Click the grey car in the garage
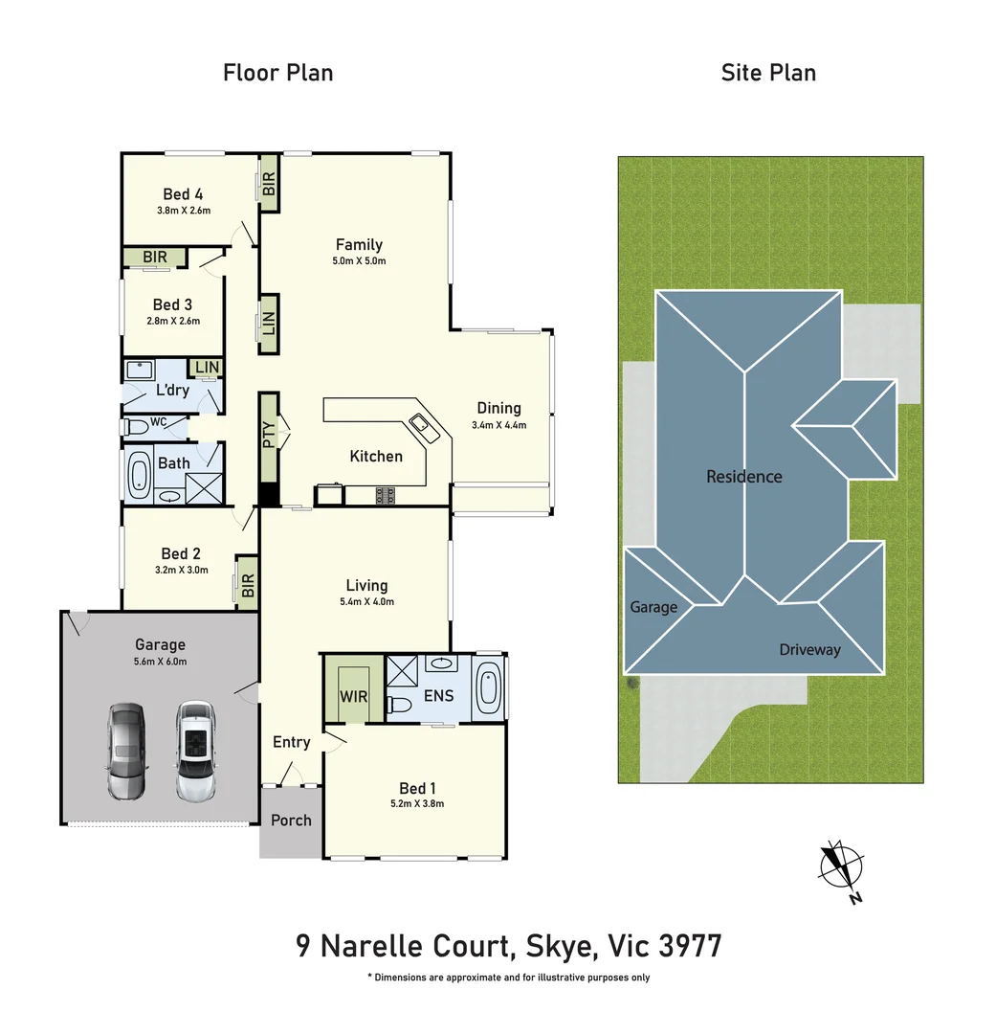pyautogui.click(x=126, y=751)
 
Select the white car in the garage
pyautogui.click(x=194, y=751)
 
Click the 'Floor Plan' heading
pyautogui.click(x=277, y=73)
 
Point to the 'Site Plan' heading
pyautogui.click(x=768, y=73)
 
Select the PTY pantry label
pyautogui.click(x=269, y=437)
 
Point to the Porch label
pyautogui.click(x=291, y=820)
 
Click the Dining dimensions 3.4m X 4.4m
pyautogui.click(x=498, y=425)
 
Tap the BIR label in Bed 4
pyautogui.click(x=269, y=183)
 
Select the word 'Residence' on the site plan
pyautogui.click(x=743, y=476)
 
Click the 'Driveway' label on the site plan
pyautogui.click(x=808, y=650)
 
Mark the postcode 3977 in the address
pyautogui.click(x=691, y=947)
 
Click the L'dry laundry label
pyautogui.click(x=172, y=390)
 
